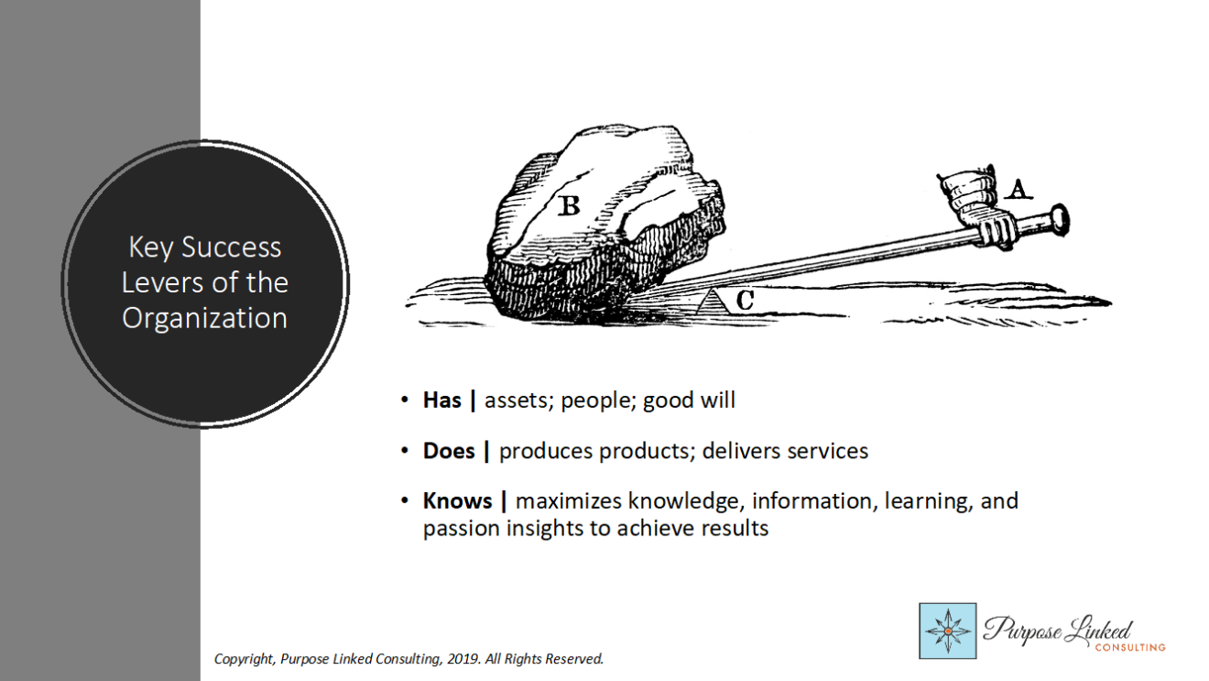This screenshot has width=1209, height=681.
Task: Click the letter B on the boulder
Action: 569,205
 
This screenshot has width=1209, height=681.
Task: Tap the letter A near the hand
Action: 1018,190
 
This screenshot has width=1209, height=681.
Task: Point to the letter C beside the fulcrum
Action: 745,301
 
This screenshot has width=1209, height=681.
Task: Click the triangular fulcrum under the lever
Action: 712,302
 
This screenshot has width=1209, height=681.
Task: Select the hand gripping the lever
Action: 978,211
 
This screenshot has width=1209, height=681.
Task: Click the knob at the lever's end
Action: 1060,219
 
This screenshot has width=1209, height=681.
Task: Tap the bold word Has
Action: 442,401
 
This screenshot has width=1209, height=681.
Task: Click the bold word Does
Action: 449,451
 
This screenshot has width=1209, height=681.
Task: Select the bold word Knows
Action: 458,501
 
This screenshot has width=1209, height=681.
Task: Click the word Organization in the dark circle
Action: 204,318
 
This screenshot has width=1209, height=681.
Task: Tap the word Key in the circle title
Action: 150,248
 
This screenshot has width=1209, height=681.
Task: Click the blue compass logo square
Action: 948,631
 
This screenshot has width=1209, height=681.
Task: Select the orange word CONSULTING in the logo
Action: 1130,647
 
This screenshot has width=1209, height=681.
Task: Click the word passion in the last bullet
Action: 461,529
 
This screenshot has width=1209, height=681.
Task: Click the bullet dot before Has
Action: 405,401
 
